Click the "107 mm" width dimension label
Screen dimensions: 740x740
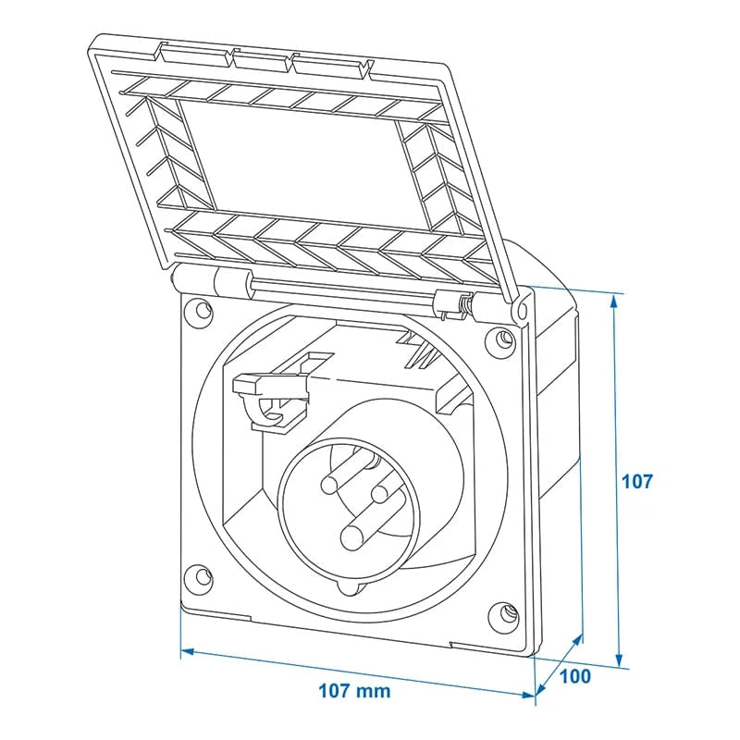click(x=354, y=691)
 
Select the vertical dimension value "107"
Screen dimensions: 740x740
click(x=637, y=481)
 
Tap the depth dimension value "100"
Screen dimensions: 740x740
click(x=574, y=676)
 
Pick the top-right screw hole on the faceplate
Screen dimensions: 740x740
click(x=503, y=339)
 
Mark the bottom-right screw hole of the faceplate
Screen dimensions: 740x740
click(x=505, y=612)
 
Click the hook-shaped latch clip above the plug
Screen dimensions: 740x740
click(x=270, y=399)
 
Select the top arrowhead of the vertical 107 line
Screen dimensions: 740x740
click(x=613, y=299)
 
